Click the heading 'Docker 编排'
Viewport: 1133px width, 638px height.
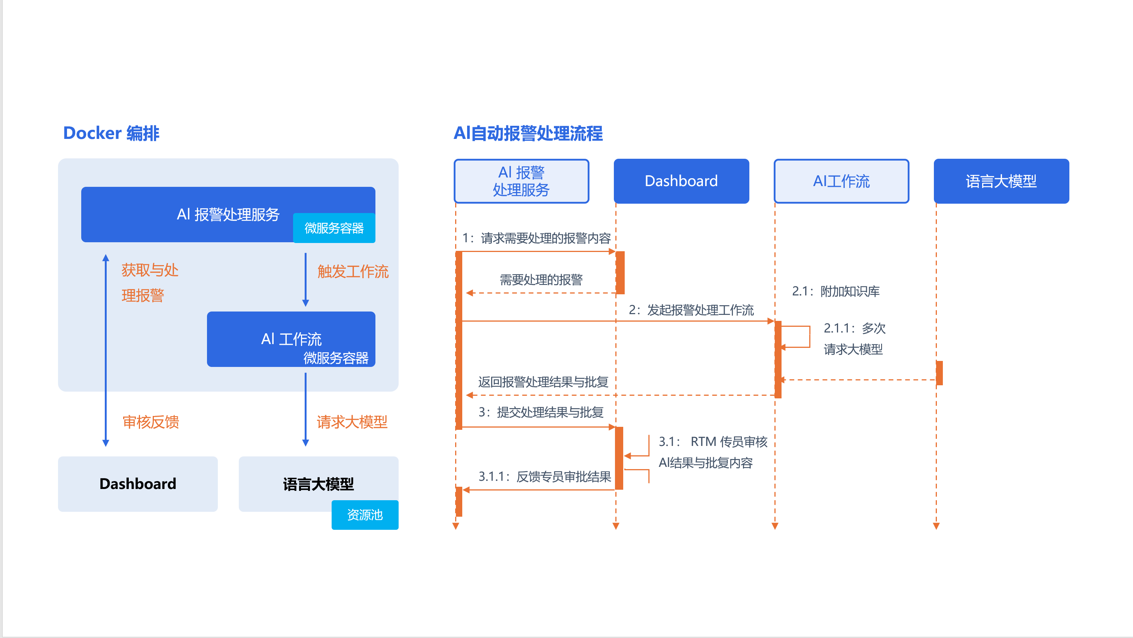[x=111, y=133]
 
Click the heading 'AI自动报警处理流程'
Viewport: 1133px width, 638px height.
[x=528, y=133]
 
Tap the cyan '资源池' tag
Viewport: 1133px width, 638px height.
[x=365, y=514]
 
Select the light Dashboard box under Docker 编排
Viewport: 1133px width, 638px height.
[x=138, y=484]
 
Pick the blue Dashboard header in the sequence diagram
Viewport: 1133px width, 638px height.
[x=681, y=181]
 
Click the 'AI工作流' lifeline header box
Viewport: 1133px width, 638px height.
[x=841, y=181]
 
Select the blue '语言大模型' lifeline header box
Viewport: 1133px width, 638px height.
[x=1001, y=181]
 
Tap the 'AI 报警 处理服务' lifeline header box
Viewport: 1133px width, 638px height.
[x=521, y=181]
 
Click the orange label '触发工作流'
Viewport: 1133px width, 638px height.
[x=353, y=271]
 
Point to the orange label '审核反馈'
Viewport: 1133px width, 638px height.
[x=151, y=422]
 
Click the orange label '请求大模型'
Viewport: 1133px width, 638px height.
[x=352, y=422]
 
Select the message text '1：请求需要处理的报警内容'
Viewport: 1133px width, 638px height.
[x=537, y=238]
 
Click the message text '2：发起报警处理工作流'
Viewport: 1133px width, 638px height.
[x=691, y=310]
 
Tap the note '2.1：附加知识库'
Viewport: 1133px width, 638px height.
[x=836, y=291]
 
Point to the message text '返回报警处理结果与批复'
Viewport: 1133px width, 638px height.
[x=543, y=382]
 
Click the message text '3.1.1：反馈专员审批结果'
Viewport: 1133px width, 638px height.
[x=545, y=476]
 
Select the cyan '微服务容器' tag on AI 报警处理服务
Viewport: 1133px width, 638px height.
[x=334, y=228]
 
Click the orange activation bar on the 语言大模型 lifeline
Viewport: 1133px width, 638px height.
[x=939, y=373]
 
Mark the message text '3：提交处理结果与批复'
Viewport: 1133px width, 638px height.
[x=540, y=412]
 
